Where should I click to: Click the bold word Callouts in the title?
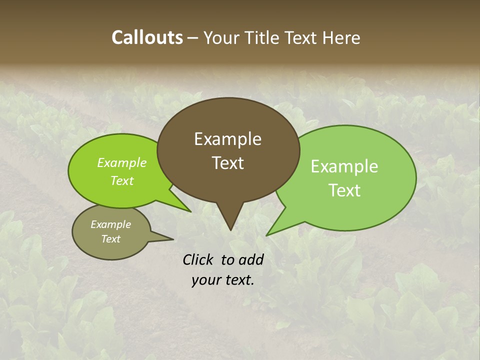(x=147, y=37)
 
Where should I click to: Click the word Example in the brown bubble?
(x=227, y=139)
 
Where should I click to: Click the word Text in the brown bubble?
(x=227, y=163)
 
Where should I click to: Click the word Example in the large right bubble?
(x=344, y=166)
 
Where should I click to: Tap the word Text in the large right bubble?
(x=344, y=190)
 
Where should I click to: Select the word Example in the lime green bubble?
(x=122, y=163)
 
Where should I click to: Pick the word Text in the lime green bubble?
(x=122, y=181)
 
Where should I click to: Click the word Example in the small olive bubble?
(x=110, y=224)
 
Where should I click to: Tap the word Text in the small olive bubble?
(x=110, y=239)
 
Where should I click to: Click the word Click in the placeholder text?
(x=199, y=259)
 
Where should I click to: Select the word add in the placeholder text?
(x=251, y=259)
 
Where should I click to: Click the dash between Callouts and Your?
(x=193, y=38)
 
